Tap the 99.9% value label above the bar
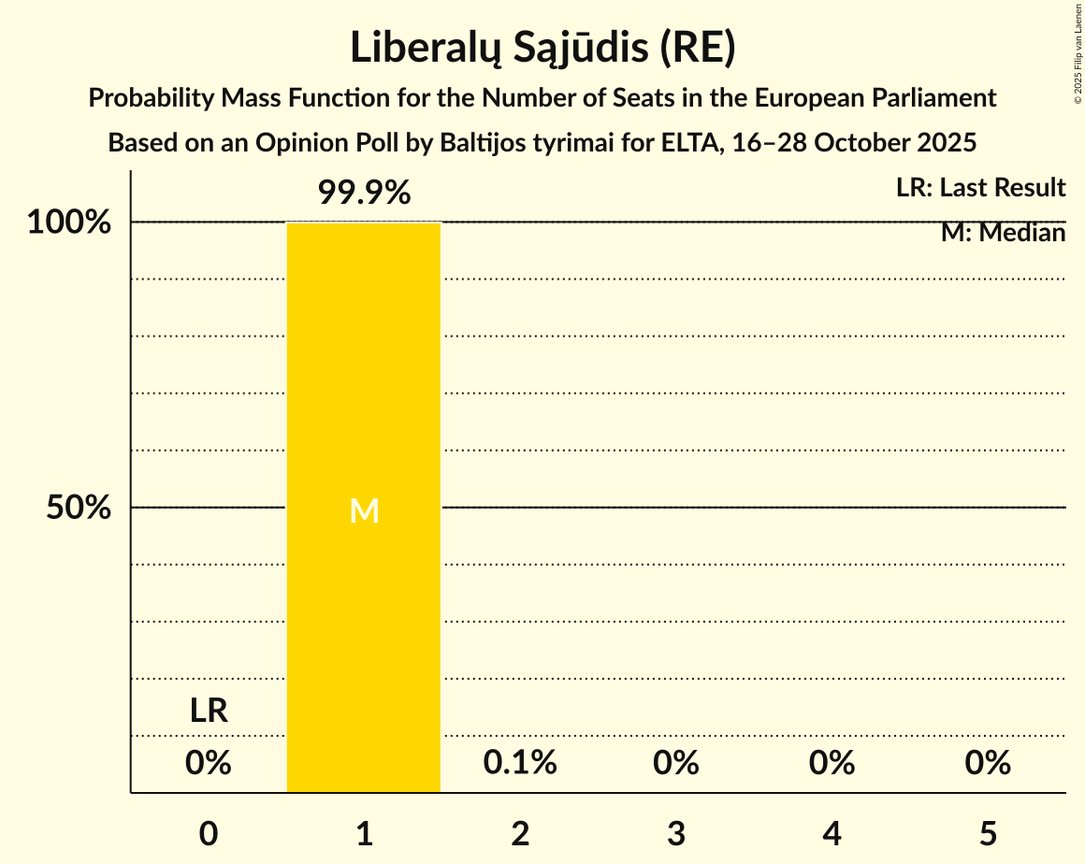(364, 193)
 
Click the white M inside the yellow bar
(364, 511)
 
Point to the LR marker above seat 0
(208, 711)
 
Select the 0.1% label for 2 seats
(520, 763)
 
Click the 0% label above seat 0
(208, 763)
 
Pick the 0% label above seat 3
(676, 763)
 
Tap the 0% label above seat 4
(832, 763)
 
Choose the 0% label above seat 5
(988, 763)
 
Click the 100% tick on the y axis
(69, 223)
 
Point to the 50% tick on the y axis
(79, 508)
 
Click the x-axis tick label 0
(208, 833)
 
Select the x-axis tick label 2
(520, 833)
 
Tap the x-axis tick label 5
(988, 833)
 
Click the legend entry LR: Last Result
(980, 188)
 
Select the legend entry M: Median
(1003, 233)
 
